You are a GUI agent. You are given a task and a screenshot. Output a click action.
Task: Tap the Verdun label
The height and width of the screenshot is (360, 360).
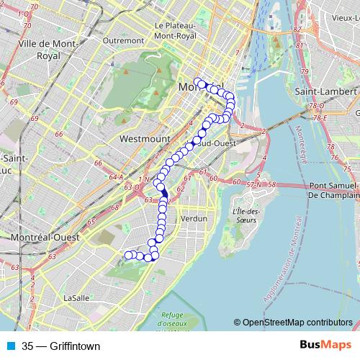coord(194,217)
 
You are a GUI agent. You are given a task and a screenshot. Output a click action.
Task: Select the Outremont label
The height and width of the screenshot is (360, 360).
coord(123,41)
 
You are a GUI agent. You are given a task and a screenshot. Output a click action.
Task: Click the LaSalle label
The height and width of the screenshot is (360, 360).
coord(76,297)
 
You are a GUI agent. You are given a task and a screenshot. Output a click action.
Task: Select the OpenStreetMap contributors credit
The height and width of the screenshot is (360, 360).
coord(297,323)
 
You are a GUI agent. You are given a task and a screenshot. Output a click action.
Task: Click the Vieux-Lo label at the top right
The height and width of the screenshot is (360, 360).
coord(343,17)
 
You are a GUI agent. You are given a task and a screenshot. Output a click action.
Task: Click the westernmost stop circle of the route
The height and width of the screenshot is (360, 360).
coord(128,255)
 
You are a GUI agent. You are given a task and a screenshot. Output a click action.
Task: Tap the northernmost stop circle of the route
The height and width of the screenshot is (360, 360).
coord(197,81)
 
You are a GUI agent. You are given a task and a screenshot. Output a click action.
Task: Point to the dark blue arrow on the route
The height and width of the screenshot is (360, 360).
coord(164,192)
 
